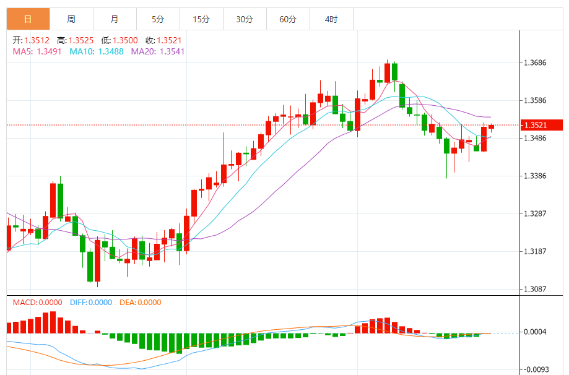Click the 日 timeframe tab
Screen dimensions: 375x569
click(28, 19)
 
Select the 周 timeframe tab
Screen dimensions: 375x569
click(71, 19)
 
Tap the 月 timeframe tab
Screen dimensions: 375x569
click(115, 19)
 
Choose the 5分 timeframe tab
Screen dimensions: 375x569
click(158, 19)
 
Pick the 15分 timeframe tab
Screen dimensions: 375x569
click(201, 19)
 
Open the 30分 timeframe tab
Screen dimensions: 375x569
click(245, 19)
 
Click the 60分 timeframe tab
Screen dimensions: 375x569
click(288, 19)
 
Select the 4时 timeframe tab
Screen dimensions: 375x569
click(331, 19)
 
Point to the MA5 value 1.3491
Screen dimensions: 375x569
click(50, 51)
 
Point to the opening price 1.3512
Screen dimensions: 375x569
click(37, 40)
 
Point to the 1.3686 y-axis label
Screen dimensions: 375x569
click(535, 63)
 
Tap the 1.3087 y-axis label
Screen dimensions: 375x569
click(535, 290)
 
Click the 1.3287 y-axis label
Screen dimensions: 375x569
click(535, 214)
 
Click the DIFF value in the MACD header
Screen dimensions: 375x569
click(100, 303)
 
